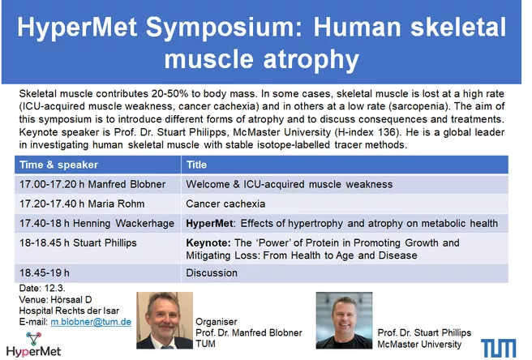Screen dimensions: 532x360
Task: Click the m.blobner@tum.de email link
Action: point(91,322)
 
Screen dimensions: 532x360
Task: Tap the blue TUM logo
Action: point(499,348)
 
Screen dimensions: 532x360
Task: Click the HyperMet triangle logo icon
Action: point(33,338)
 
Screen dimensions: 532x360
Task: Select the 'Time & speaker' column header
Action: point(58,165)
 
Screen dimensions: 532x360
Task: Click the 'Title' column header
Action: point(196,165)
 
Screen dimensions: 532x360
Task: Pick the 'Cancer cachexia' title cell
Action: point(225,204)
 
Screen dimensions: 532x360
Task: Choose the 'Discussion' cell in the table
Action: point(212,272)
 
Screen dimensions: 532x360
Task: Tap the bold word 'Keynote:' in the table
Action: point(208,243)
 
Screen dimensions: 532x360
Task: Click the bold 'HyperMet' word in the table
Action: point(209,223)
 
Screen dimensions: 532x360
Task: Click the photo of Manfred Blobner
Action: point(165,320)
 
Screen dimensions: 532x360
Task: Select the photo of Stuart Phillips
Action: point(344,320)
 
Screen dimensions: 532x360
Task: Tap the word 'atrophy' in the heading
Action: point(311,59)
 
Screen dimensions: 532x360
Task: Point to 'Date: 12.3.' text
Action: point(42,288)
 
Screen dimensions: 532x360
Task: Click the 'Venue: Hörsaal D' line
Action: point(55,300)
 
